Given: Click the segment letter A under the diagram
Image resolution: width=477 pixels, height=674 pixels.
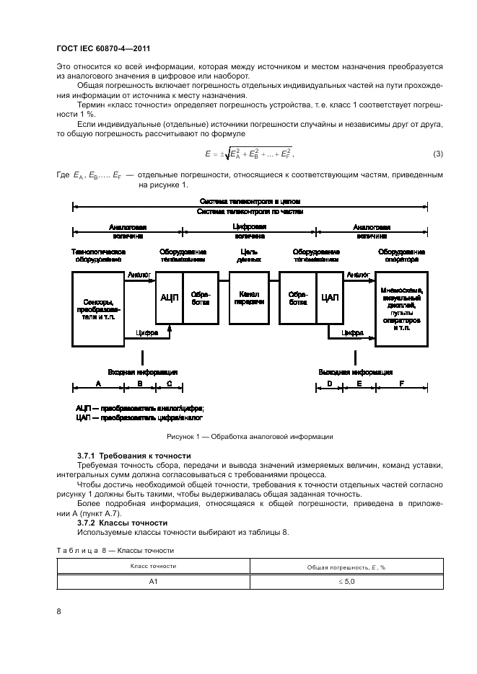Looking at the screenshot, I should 98,385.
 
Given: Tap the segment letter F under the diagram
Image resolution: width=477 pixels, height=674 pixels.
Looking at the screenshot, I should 401,385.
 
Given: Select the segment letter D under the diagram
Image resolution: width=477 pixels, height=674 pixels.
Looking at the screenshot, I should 329,385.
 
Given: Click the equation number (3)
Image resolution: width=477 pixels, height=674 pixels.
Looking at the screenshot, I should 437,154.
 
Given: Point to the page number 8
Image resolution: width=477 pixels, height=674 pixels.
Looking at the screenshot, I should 59,611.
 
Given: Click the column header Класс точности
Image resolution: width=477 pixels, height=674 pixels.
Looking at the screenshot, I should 153,566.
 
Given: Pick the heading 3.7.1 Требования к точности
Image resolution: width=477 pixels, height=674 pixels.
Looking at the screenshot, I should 134,456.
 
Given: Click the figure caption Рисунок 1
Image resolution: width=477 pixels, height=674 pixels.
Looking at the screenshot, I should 250,437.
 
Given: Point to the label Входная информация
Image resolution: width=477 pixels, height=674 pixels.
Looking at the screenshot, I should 143,372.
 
